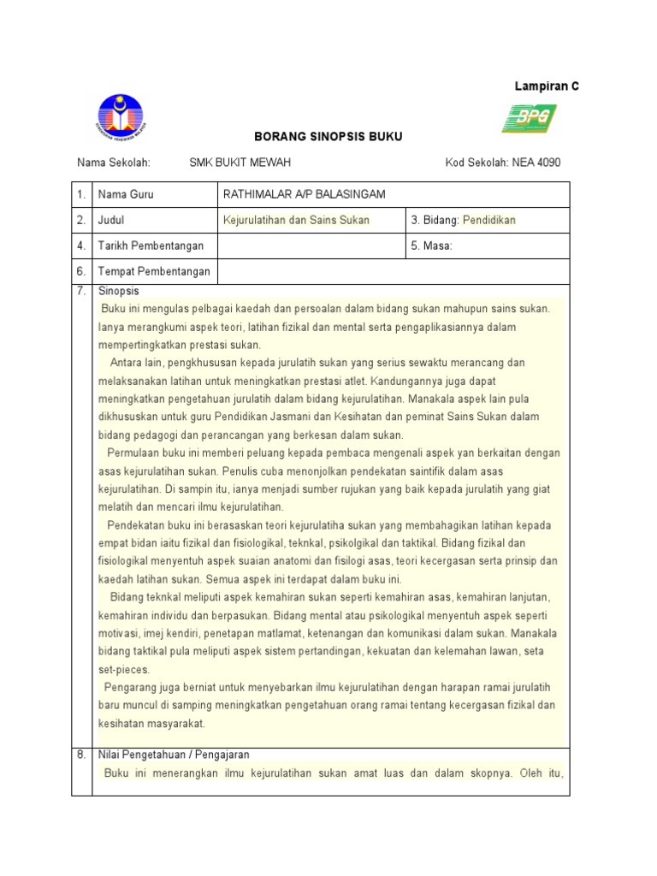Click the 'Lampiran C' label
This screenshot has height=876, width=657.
click(x=546, y=86)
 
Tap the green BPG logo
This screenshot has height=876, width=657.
click(x=529, y=118)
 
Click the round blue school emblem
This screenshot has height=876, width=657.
click(x=121, y=118)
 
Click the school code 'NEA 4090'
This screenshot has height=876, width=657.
click(x=536, y=163)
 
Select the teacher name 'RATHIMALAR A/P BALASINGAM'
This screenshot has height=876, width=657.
click(x=304, y=194)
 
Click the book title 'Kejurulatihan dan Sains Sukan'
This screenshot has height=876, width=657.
click(x=296, y=220)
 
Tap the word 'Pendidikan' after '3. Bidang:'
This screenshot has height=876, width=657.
click(x=489, y=220)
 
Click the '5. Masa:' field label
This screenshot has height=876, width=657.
click(x=432, y=246)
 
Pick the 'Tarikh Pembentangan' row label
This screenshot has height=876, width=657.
click(x=151, y=246)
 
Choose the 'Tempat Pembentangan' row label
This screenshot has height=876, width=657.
click(x=154, y=272)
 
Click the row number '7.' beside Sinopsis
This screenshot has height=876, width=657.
click(x=82, y=291)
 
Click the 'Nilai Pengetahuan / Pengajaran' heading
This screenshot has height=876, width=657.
click(x=174, y=755)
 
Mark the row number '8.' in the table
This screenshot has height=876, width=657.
click(x=82, y=755)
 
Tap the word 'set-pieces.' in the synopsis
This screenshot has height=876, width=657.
click(x=124, y=669)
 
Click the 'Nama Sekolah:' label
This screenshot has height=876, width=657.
click(x=114, y=163)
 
